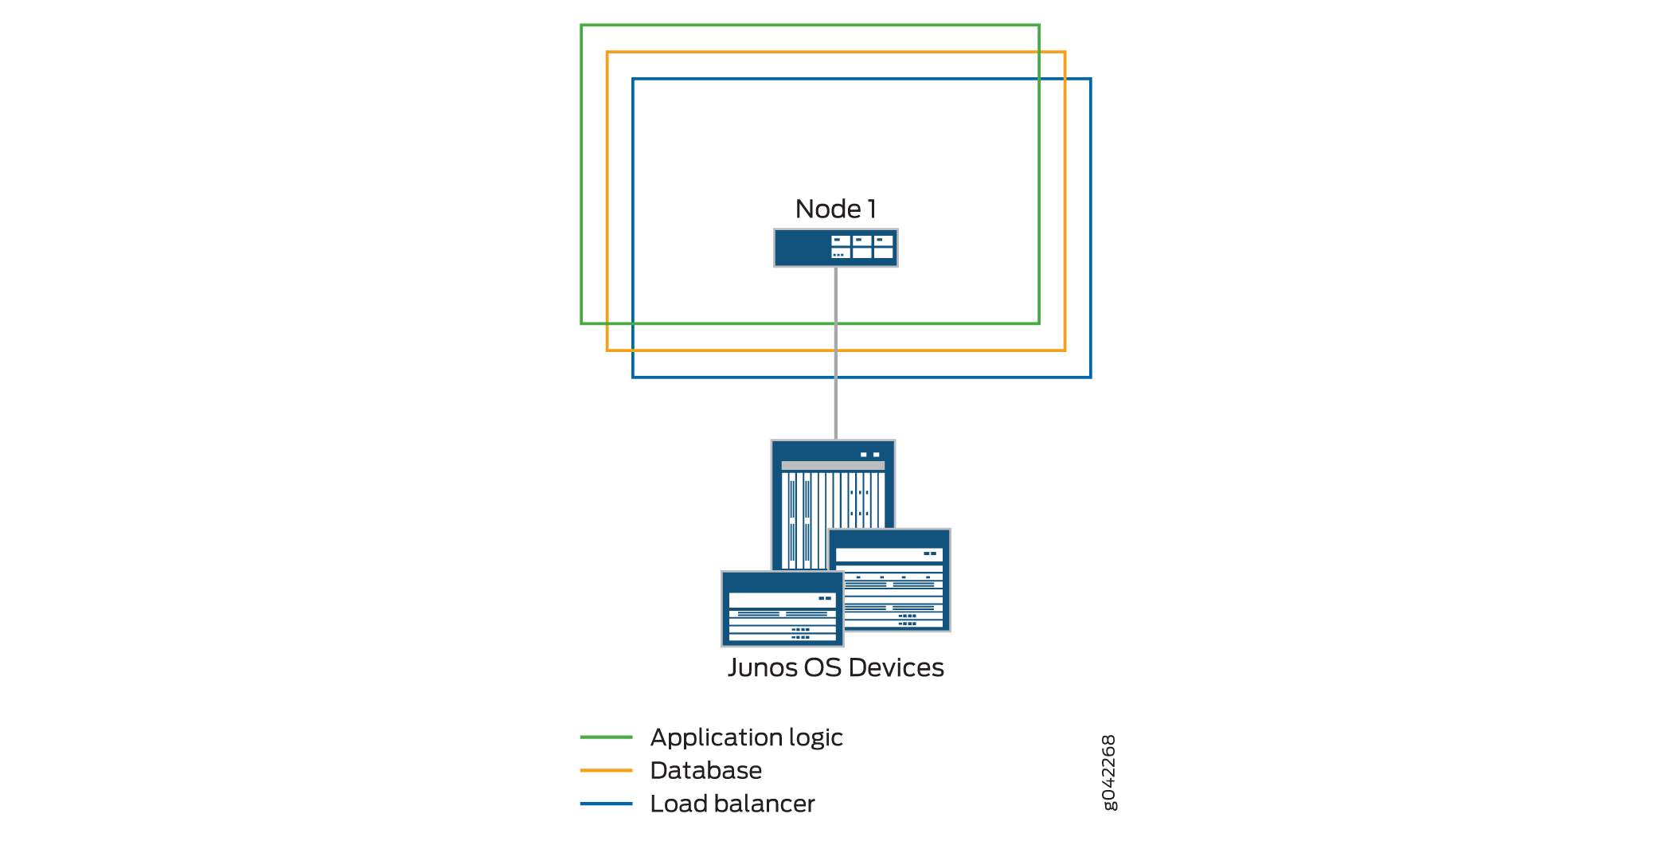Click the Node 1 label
click(835, 209)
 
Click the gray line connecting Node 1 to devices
click(835, 398)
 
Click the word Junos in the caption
click(762, 667)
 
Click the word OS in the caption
click(822, 667)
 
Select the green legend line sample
click(606, 737)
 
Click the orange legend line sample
click(606, 770)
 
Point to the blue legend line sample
click(606, 804)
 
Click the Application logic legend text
click(746, 737)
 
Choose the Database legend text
click(705, 770)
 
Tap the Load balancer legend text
click(732, 804)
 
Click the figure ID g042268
click(1108, 772)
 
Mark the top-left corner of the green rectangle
click(582, 25)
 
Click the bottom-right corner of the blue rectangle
click(1090, 377)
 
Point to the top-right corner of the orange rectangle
click(1065, 53)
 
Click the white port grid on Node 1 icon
click(861, 247)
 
